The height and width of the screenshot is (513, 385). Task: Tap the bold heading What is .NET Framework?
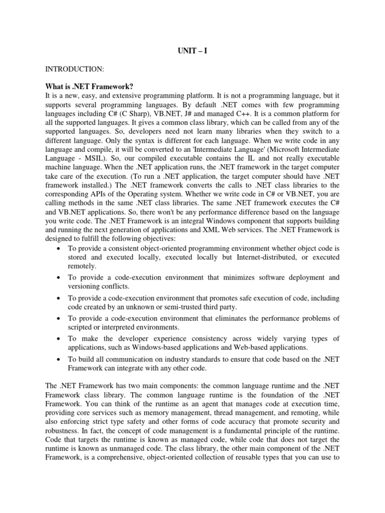(90, 88)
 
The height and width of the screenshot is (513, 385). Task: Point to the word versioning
(85, 286)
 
